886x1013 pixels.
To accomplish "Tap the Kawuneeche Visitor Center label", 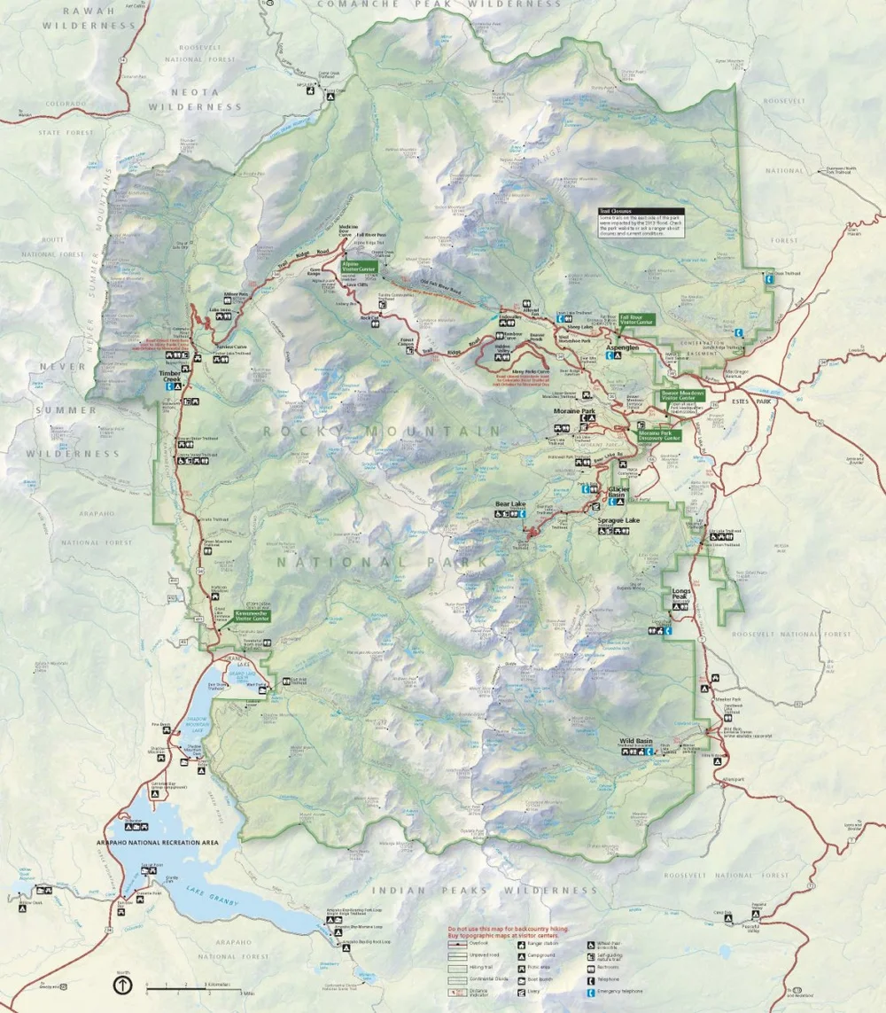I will tap(253, 614).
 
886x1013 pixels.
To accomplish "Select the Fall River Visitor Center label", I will tap(635, 318).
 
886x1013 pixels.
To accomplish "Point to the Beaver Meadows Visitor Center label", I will tap(682, 395).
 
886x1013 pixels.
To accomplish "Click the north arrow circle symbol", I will tap(120, 985).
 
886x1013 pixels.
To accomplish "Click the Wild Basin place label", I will tap(636, 740).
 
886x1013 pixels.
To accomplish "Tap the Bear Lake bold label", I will tap(510, 505).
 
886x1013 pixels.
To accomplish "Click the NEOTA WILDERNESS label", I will tap(195, 98).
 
